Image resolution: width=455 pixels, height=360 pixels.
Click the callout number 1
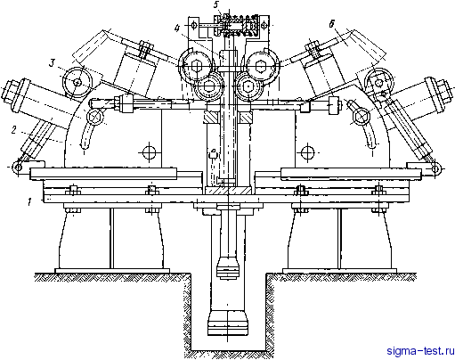point(29,202)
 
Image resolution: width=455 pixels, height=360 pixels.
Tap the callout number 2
point(13,130)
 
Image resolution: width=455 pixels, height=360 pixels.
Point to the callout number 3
point(53,63)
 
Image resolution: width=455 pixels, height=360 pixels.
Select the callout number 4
point(177,29)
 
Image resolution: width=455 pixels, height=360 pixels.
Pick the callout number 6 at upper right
point(331,24)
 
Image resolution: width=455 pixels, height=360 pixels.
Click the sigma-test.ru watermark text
point(420,351)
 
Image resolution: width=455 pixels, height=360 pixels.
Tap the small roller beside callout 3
point(77,82)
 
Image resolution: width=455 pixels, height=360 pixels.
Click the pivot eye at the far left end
point(18,168)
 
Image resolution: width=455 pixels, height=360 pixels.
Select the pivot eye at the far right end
point(435,169)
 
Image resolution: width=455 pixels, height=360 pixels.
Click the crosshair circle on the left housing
point(149,152)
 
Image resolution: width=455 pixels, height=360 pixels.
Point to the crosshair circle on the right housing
point(307,152)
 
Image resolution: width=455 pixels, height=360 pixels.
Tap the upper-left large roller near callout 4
point(196,66)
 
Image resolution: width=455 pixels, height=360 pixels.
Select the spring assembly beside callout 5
point(240,25)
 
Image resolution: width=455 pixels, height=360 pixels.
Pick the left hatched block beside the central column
point(211,118)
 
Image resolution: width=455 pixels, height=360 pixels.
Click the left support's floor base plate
point(112,271)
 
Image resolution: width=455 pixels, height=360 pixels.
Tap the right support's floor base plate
point(339,271)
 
